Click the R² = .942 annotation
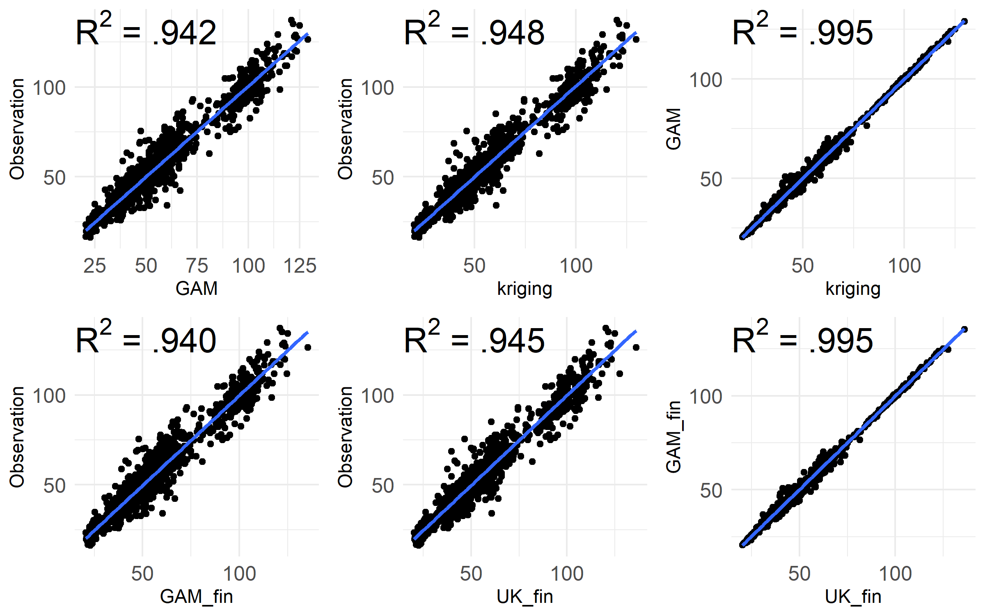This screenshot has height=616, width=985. point(146,32)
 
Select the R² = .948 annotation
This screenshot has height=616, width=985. point(474,32)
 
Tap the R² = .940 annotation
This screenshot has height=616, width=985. point(146,340)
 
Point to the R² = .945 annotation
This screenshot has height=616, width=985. point(474,340)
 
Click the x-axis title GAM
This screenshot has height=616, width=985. point(197,288)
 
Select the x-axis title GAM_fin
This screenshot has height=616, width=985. point(197,596)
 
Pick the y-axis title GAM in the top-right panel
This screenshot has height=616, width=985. point(673,129)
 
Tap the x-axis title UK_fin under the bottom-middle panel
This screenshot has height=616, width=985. point(525,596)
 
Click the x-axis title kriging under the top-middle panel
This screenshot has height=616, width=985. point(525,288)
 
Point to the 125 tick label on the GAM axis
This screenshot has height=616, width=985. point(300,266)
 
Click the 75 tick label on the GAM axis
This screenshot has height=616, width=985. point(197,266)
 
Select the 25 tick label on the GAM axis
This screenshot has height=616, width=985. point(95,266)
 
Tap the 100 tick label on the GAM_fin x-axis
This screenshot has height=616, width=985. point(239,574)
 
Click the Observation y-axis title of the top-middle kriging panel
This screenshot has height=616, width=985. point(346,129)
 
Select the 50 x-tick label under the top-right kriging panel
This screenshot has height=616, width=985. point(803,266)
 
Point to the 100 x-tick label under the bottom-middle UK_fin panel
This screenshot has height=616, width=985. point(567,574)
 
